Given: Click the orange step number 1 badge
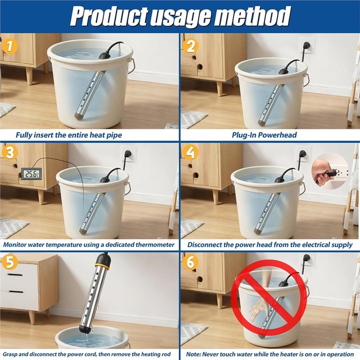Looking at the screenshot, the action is (x=9, y=46).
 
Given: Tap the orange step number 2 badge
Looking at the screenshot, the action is (x=190, y=46).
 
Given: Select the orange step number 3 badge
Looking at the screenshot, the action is (x=9, y=152).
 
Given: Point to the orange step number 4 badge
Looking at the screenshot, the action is (x=190, y=152).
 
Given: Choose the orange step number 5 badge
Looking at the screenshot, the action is (x=9, y=261).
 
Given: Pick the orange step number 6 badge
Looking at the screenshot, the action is (x=190, y=261).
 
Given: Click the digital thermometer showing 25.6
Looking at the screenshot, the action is (x=31, y=174).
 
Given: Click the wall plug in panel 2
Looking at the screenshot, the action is (x=306, y=45).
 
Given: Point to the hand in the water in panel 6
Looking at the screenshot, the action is (x=257, y=309).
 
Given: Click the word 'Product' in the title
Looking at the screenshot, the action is (x=110, y=17).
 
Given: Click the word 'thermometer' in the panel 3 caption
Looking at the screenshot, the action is (x=155, y=245).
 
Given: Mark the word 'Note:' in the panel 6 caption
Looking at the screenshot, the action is (x=193, y=355).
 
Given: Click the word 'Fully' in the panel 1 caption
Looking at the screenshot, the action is (x=24, y=135).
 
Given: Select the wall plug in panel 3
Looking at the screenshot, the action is (x=127, y=153).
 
